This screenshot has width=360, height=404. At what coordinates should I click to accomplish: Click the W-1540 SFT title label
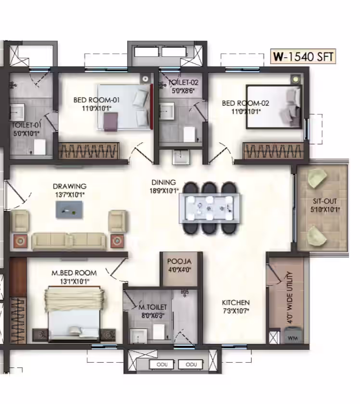[x=303, y=56]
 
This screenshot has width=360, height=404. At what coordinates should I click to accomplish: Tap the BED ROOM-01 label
[x=96, y=100]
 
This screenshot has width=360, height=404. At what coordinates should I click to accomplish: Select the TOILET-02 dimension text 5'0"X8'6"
[x=183, y=90]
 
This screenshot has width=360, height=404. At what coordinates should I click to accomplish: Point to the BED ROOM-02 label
[x=245, y=103]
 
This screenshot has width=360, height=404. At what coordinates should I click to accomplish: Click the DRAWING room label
[x=70, y=186]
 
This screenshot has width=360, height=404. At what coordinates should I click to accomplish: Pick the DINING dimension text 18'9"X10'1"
[x=164, y=190]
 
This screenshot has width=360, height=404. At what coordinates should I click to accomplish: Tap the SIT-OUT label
[x=325, y=201]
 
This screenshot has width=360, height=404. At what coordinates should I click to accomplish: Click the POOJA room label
[x=180, y=261]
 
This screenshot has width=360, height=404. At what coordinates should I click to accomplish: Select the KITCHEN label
[x=236, y=302]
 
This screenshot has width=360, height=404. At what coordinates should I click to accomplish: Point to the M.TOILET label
[x=153, y=307]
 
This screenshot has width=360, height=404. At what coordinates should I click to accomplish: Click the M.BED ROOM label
[x=74, y=273]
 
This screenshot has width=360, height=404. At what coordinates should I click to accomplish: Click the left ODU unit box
[x=162, y=365]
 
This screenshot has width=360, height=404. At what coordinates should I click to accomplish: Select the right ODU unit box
[x=191, y=365]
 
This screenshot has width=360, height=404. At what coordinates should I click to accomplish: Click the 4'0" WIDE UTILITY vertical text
[x=290, y=297]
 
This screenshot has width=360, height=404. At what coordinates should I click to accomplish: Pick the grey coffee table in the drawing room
[x=69, y=210]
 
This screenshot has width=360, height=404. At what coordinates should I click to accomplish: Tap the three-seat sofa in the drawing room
[x=69, y=241]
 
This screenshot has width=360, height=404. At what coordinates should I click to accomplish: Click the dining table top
[x=210, y=208]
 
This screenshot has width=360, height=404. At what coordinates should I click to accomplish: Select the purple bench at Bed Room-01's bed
[x=111, y=122]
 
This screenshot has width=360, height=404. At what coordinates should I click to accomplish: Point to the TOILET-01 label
[x=26, y=125]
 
